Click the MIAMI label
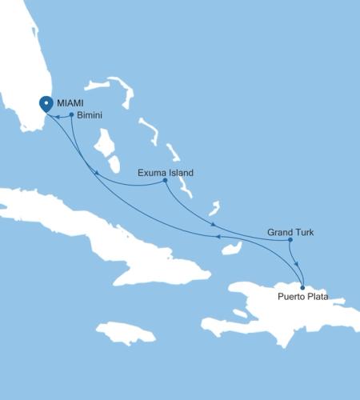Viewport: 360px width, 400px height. pyautogui.click(x=70, y=103)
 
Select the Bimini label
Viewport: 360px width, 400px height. pyautogui.click(x=90, y=116)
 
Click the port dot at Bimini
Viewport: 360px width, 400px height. pyautogui.click(x=72, y=115)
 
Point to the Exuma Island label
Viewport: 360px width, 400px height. pyautogui.click(x=166, y=172)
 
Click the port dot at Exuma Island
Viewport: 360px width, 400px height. pyautogui.click(x=165, y=180)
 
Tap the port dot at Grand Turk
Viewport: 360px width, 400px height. pyautogui.click(x=290, y=240)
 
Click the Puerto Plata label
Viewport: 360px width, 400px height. pyautogui.click(x=302, y=298)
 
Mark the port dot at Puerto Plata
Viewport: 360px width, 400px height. pyautogui.click(x=302, y=287)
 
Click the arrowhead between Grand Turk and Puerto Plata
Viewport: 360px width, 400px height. pyautogui.click(x=296, y=265)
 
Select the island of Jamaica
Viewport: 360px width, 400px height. pyautogui.click(x=124, y=333)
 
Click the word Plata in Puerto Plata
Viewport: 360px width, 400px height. pyautogui.click(x=316, y=298)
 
